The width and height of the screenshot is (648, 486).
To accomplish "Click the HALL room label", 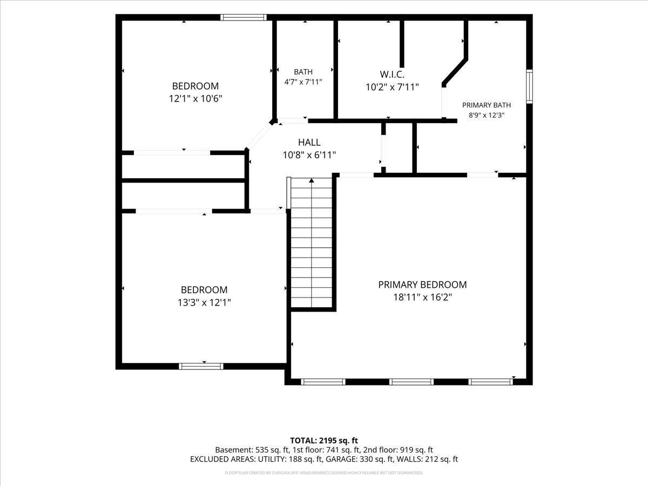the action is coord(309,142).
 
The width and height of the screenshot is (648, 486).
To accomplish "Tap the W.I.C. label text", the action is coord(391,74).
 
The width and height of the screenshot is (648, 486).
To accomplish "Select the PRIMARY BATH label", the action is coord(486,105).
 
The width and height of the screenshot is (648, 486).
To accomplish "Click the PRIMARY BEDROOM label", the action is coord(422,285).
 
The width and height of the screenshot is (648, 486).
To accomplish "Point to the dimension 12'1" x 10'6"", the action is coord(195,98).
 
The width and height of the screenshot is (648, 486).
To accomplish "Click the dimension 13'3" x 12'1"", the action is coord(204,302).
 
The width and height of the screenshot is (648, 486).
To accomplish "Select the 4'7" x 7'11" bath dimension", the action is coord(303,82).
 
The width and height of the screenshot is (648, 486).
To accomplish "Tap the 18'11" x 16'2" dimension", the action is coord(422,297).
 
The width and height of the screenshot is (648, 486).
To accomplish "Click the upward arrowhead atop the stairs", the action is coord(312,180).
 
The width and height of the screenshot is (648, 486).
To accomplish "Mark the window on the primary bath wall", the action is coord(530,86).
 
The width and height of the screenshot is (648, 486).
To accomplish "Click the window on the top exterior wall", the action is coord(243,17).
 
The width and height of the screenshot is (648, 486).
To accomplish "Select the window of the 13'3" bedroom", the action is coord(201,366).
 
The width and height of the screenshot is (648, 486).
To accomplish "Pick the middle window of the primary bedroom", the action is coord(411,382).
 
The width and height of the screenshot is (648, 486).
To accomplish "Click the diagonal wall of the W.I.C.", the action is coord(455,72).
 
